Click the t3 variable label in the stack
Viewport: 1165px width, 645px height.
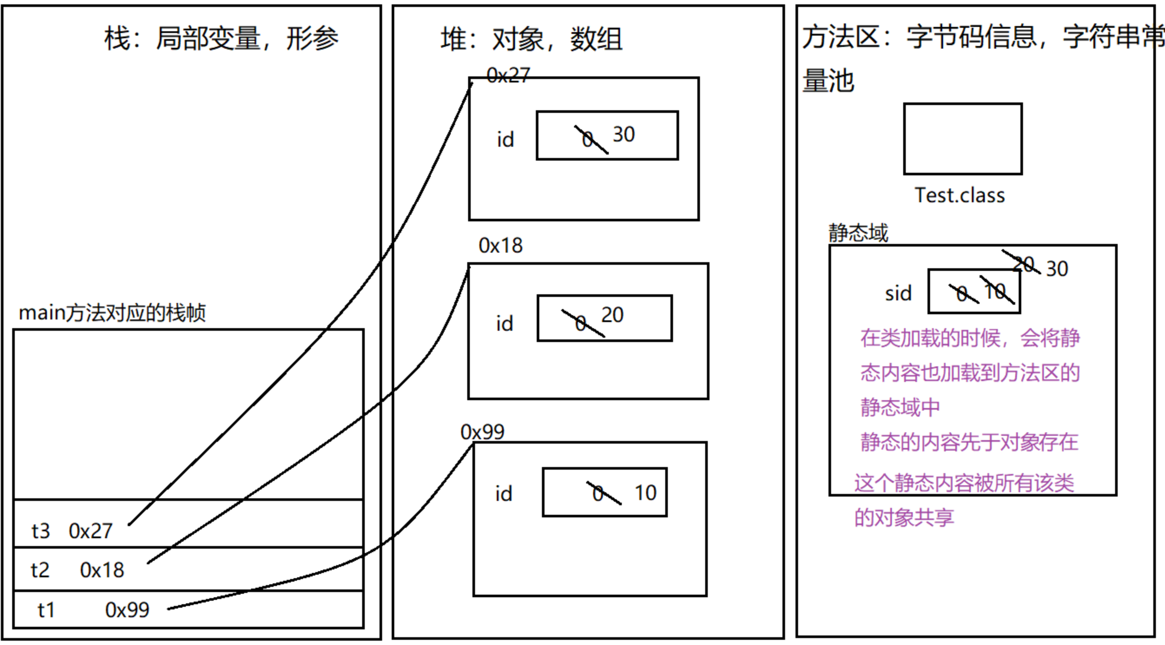click(40, 531)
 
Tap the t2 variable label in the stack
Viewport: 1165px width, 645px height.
click(40, 570)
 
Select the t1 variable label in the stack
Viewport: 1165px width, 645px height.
click(46, 610)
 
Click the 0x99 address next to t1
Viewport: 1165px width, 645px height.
click(127, 610)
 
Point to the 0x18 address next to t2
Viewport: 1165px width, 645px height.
click(102, 570)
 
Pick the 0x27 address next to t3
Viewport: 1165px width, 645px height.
click(90, 531)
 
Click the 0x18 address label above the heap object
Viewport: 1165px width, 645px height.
click(501, 246)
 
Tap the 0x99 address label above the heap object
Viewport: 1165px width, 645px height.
click(482, 433)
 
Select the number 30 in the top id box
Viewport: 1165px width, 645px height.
click(624, 135)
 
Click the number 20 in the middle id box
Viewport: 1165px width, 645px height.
click(612, 315)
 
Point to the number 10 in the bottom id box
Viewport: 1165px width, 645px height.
click(645, 493)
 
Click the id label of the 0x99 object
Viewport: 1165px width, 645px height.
click(504, 494)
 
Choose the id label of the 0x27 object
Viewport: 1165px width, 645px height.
click(505, 140)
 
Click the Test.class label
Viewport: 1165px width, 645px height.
click(960, 196)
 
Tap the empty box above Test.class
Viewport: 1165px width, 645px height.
click(963, 139)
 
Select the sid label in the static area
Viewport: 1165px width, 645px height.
click(898, 294)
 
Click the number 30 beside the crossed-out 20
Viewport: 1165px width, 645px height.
click(1057, 269)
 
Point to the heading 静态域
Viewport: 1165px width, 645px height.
click(858, 233)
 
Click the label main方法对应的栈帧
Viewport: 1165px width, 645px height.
click(112, 313)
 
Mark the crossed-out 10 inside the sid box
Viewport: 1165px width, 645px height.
click(995, 291)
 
